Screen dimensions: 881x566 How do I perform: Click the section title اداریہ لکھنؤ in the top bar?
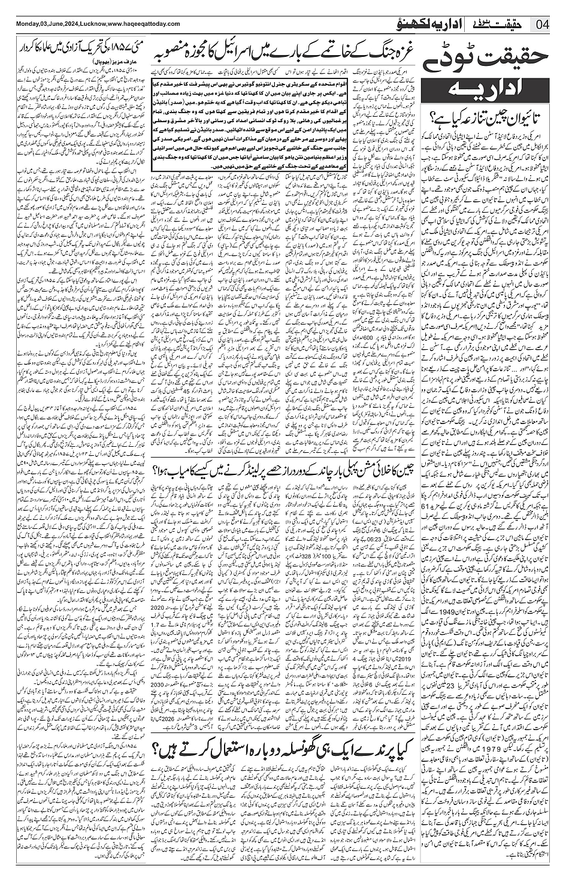coord(418,25)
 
